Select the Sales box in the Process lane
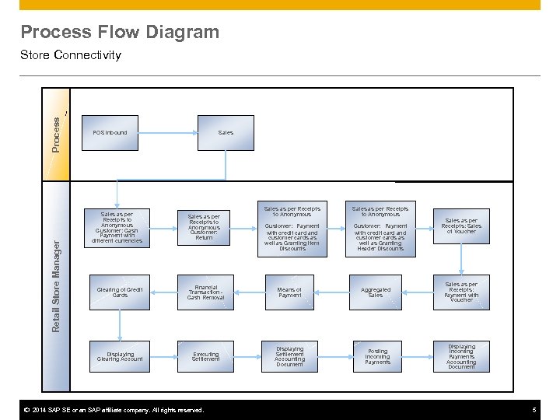click(226, 133)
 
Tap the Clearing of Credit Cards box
click(119, 292)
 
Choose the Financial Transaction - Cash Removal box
click(205, 292)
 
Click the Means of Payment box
click(289, 292)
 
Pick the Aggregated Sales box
click(376, 292)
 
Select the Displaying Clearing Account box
click(119, 356)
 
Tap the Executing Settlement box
click(205, 357)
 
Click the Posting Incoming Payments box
click(377, 357)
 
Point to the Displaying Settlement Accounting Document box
click(289, 357)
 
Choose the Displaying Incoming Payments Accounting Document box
click(461, 357)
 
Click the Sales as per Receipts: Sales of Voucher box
click(461, 226)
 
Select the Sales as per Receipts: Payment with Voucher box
click(461, 292)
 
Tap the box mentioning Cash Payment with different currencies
click(117, 227)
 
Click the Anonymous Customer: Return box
click(205, 227)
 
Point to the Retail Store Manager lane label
click(56, 286)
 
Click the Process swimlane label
click(56, 133)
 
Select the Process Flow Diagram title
click(120, 32)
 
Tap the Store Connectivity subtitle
click(71, 55)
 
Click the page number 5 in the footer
click(534, 410)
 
